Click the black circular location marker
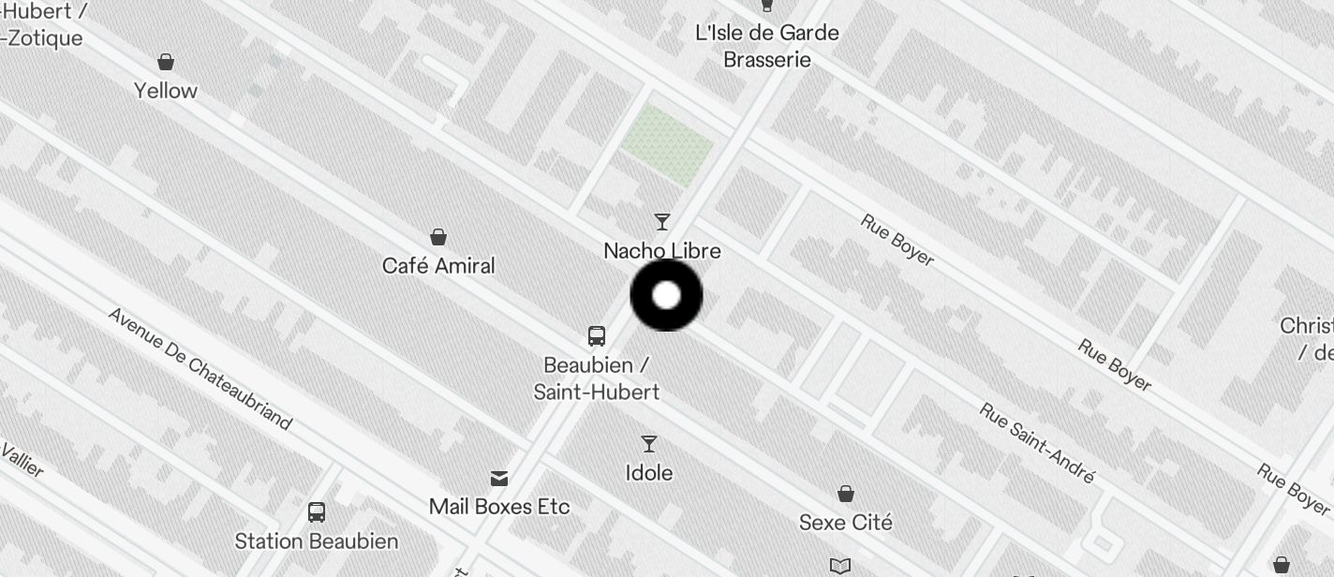click(666, 296)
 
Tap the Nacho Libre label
click(662, 251)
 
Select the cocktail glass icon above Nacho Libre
click(662, 222)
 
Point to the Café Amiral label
click(438, 266)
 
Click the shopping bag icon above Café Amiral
click(437, 236)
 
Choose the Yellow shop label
click(166, 91)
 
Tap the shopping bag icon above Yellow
click(166, 62)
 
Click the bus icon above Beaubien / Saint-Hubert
click(597, 335)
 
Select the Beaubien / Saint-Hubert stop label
click(597, 378)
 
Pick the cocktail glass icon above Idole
click(649, 443)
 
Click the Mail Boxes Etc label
click(499, 507)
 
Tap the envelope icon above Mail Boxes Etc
click(499, 479)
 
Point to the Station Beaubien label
click(317, 541)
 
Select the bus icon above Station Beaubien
click(317, 512)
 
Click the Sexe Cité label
click(846, 523)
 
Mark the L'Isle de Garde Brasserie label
click(767, 46)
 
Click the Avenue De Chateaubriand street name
click(200, 368)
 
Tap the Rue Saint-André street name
click(1037, 443)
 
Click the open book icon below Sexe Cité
click(840, 566)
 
